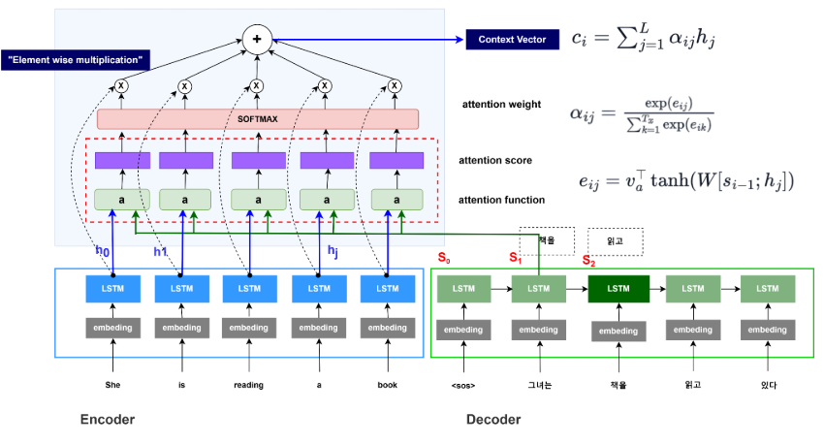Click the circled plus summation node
click(257, 42)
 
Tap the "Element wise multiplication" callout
click(75, 60)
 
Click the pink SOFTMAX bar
click(257, 118)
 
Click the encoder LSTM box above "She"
click(112, 289)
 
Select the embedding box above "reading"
click(249, 328)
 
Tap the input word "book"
click(387, 385)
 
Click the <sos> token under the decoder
click(463, 385)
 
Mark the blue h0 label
click(102, 251)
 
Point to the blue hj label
click(333, 251)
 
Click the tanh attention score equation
click(683, 179)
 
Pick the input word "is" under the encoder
click(181, 385)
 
